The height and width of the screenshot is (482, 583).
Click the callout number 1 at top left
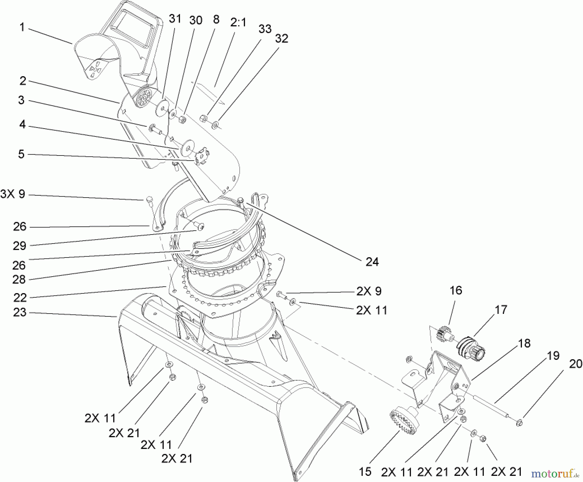(x=22, y=27)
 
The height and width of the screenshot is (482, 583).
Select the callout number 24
(x=372, y=261)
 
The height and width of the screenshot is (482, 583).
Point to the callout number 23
(x=19, y=313)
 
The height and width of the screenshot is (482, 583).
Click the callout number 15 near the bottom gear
(x=365, y=472)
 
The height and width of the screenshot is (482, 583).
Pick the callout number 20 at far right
(x=576, y=364)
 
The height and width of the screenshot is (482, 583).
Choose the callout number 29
(x=19, y=246)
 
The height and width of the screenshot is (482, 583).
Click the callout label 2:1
(x=238, y=22)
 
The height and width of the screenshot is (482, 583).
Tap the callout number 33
(x=265, y=29)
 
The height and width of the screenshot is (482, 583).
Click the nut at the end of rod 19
(x=519, y=422)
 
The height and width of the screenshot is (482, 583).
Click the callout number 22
(x=19, y=297)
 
